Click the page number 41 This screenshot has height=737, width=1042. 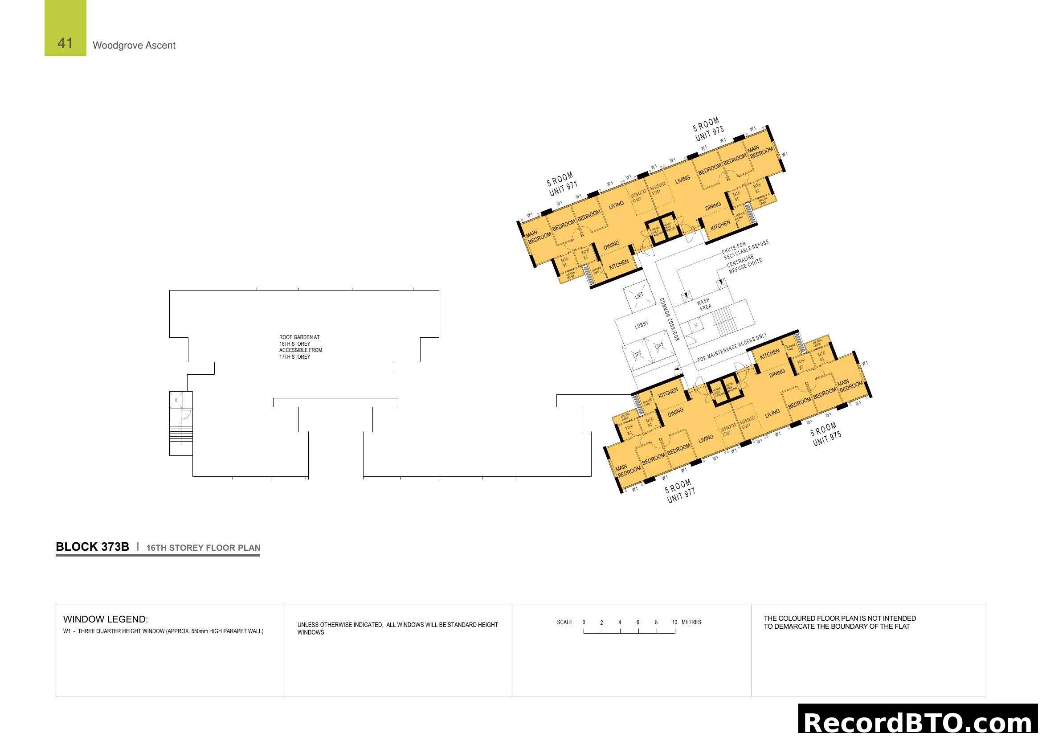(65, 43)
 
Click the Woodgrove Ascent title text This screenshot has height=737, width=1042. (134, 45)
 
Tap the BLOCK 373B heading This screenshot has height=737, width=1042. (92, 547)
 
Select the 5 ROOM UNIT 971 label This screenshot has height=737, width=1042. (562, 184)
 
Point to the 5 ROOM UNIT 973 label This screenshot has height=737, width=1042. (708, 129)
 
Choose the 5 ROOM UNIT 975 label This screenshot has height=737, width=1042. (826, 434)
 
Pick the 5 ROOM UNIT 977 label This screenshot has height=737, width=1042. (680, 491)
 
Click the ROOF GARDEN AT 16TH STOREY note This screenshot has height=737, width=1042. (300, 347)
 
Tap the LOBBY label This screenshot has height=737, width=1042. (641, 324)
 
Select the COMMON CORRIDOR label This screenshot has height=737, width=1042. (670, 319)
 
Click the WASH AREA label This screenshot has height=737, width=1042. (704, 304)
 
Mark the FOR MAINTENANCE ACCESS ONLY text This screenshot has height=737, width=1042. (732, 348)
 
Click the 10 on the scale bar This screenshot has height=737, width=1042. (674, 622)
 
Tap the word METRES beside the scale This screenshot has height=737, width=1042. (691, 622)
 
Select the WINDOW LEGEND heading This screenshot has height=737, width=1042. (105, 619)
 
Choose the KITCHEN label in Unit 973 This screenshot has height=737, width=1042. (720, 225)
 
